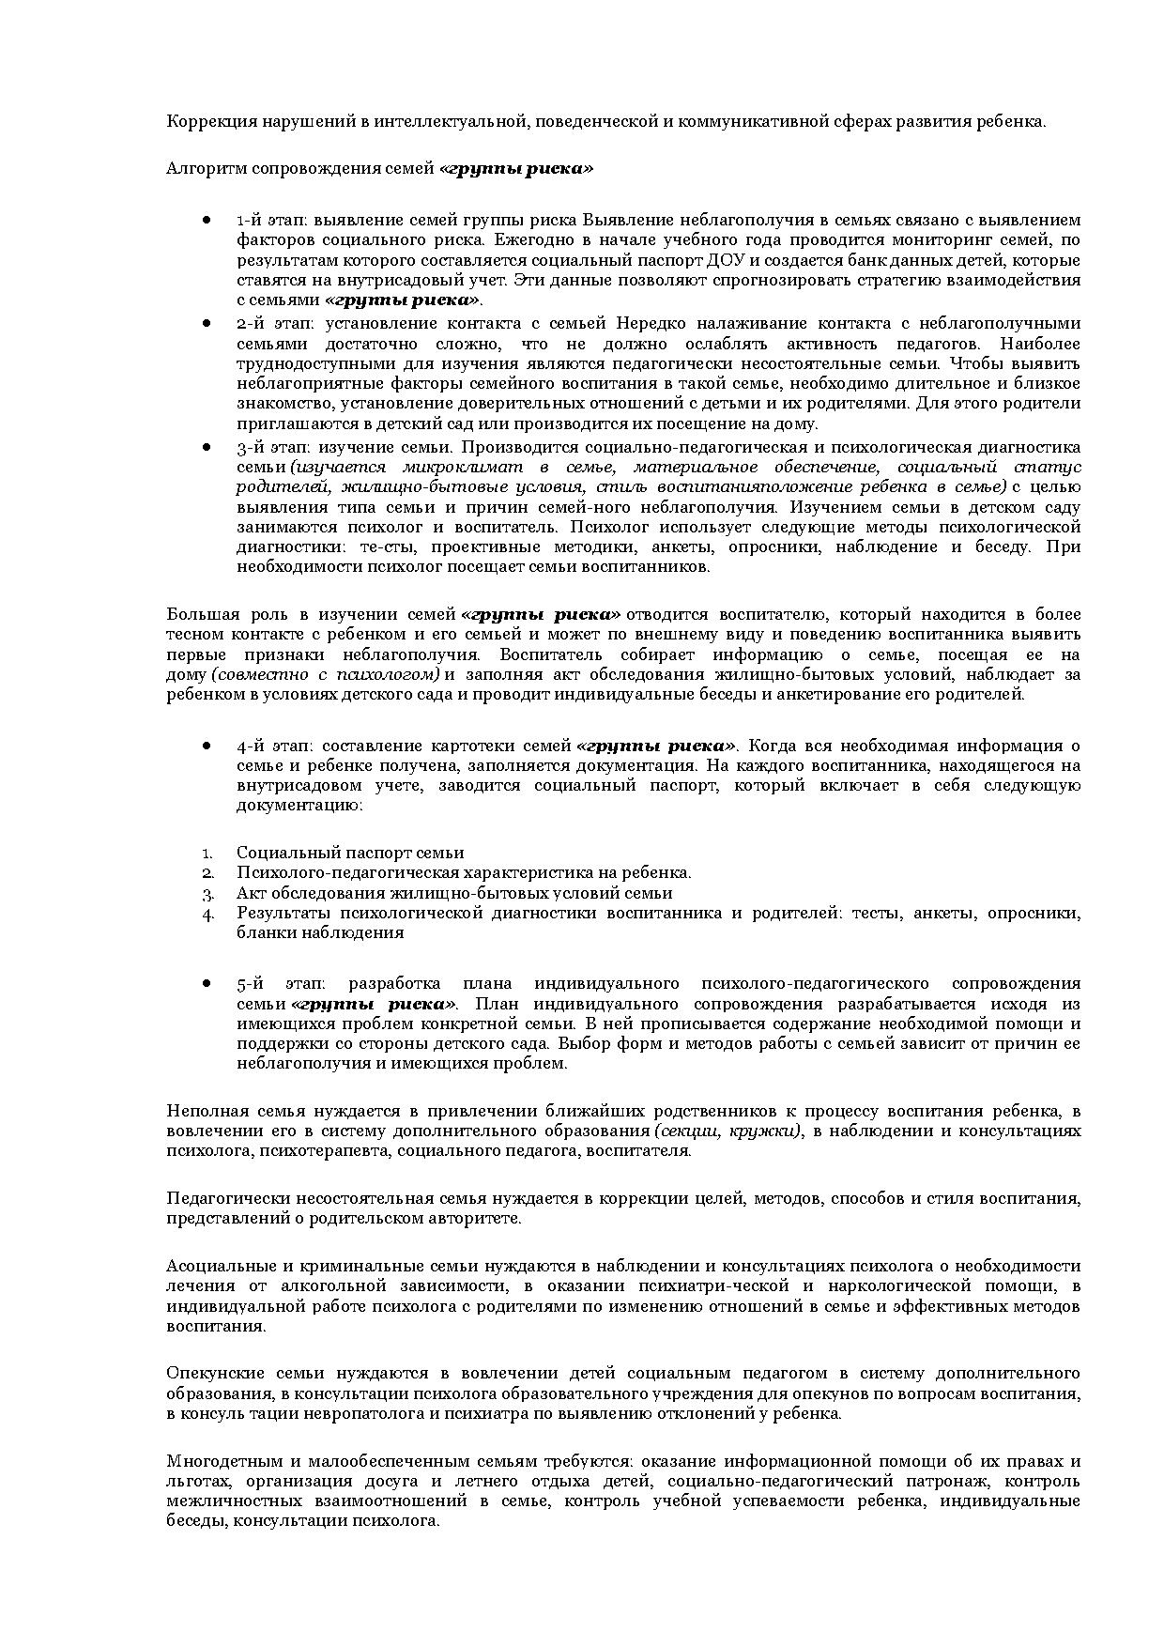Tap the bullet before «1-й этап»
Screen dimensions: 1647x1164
pyautogui.click(x=206, y=220)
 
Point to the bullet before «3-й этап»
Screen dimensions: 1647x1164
pyautogui.click(x=206, y=447)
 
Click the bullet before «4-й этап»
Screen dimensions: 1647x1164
pyautogui.click(x=206, y=746)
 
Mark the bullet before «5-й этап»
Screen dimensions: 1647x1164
pyautogui.click(x=206, y=983)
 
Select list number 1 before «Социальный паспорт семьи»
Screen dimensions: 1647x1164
pyautogui.click(x=207, y=853)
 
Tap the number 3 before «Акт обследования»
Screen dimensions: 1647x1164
pyautogui.click(x=207, y=893)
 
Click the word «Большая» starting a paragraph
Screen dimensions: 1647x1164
pyautogui.click(x=198, y=614)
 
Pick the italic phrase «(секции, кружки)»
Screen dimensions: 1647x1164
pyautogui.click(x=728, y=1131)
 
